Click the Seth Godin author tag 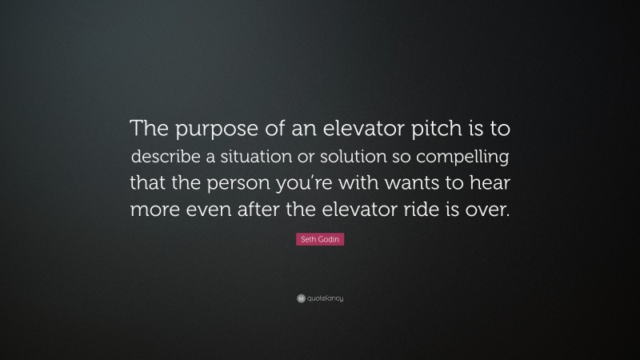click(x=320, y=239)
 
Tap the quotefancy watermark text click(x=325, y=298)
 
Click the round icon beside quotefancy click(x=300, y=298)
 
